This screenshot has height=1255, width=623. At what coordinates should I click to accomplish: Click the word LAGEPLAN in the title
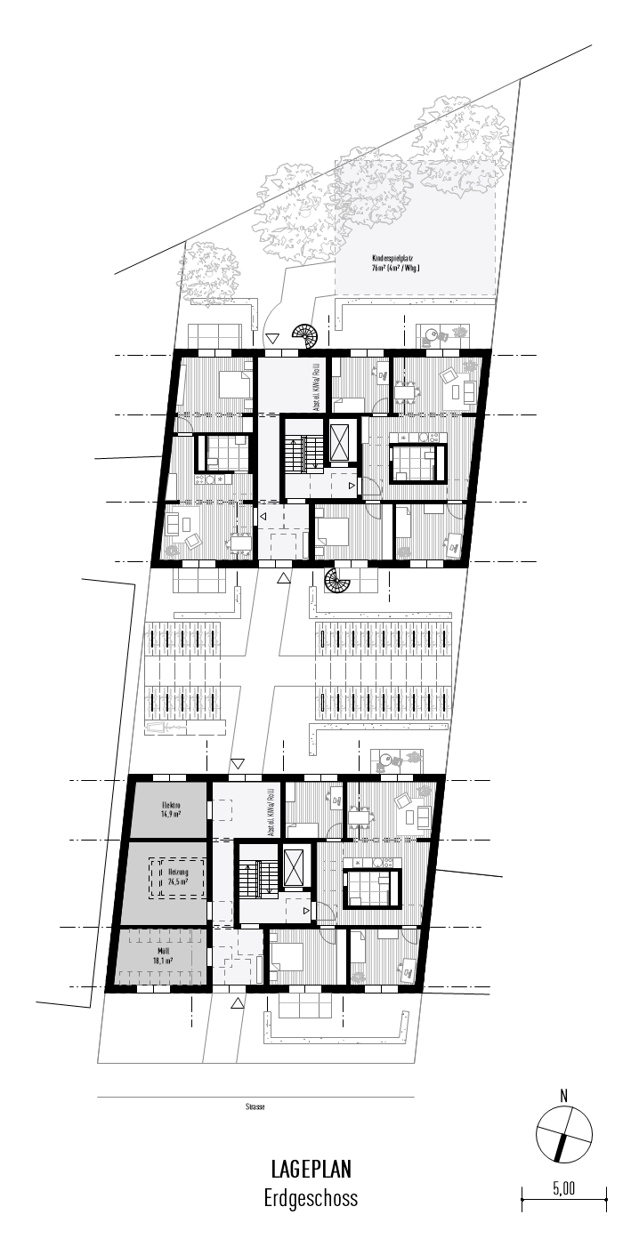pos(311,1168)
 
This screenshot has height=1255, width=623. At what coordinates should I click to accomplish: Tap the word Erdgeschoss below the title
pos(311,1197)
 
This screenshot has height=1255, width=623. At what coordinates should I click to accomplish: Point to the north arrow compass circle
pos(564,1135)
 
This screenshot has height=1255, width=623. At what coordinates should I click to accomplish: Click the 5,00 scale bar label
pos(564,1187)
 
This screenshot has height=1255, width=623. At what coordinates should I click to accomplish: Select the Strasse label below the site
pos(255,1107)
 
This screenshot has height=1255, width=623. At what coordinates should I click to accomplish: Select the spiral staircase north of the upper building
pos(305,336)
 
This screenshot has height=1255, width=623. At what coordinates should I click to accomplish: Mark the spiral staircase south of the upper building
pos(338,581)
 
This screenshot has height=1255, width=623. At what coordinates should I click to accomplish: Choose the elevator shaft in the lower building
pos(294,865)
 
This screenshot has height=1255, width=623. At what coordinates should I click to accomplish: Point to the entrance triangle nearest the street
pos(238,1003)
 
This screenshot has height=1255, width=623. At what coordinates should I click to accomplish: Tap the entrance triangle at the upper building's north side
pos(272,338)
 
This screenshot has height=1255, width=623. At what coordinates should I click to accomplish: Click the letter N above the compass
pos(563,1094)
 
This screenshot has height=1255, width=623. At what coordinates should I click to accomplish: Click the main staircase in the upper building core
pos(302,454)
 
